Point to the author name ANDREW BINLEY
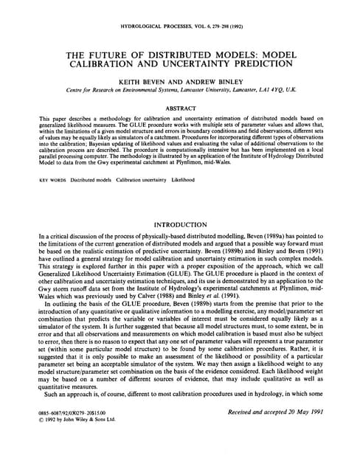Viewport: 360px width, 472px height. click(x=215, y=86)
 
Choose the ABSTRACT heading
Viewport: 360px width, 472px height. click(x=179, y=108)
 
